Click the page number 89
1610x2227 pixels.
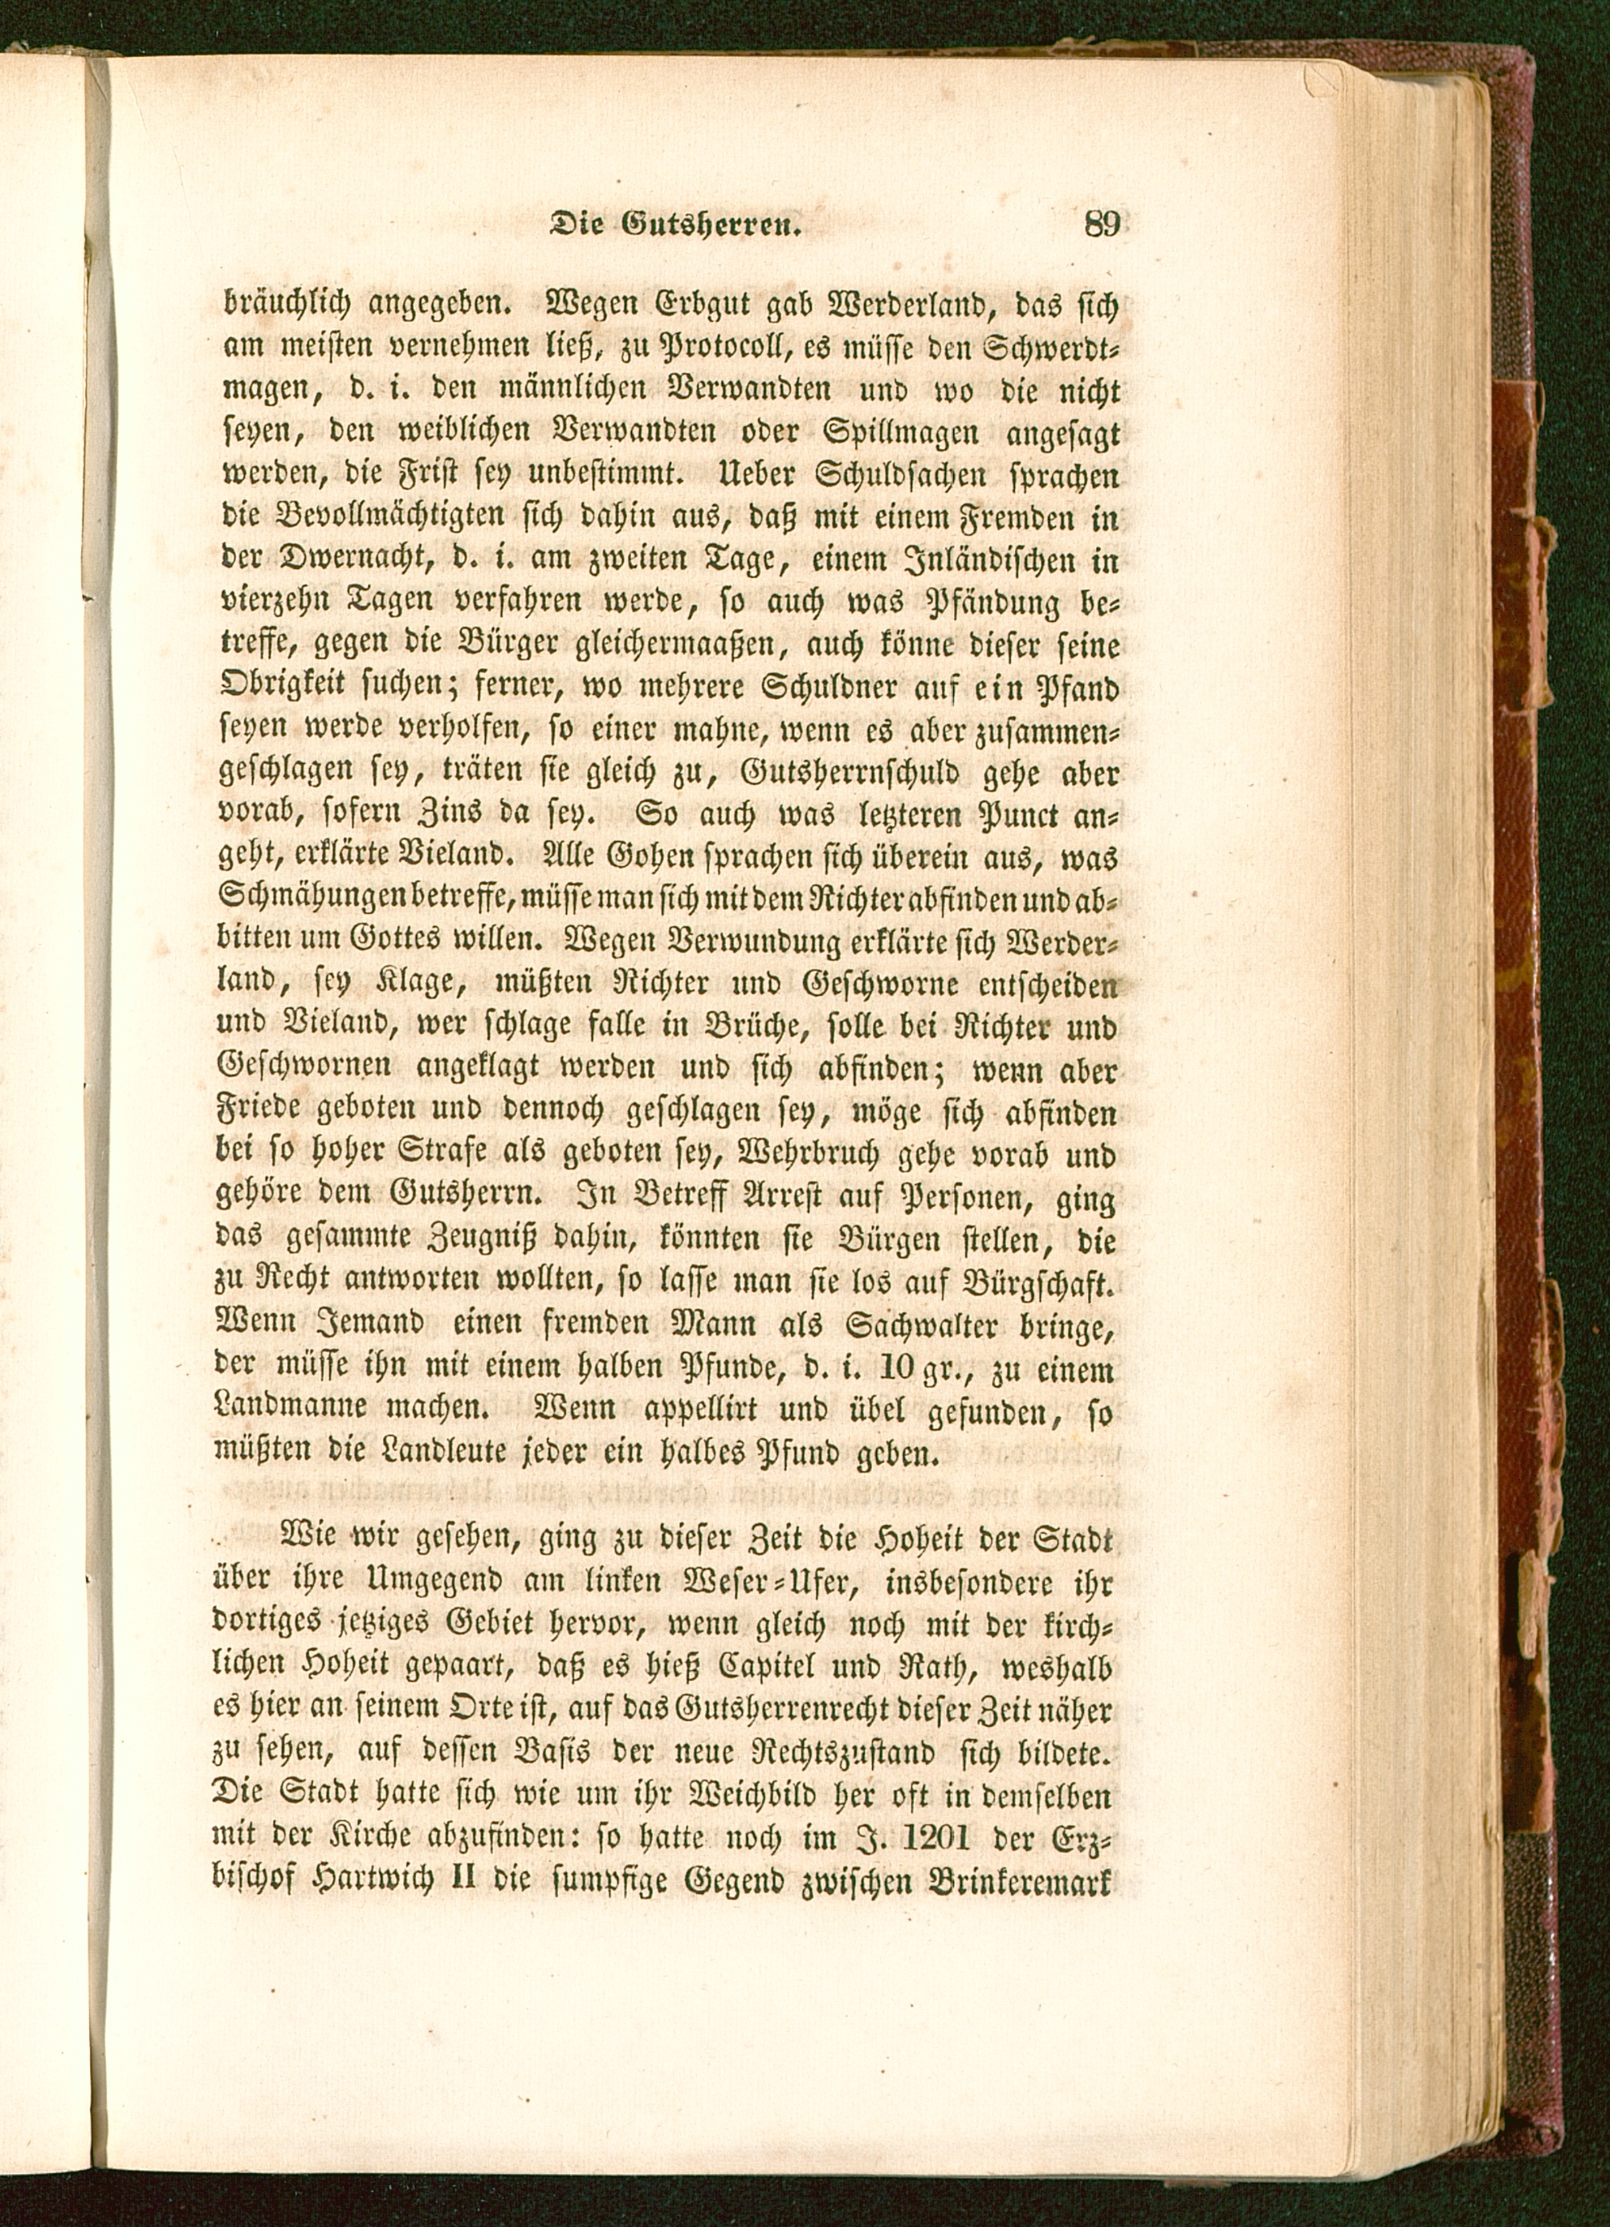1103,225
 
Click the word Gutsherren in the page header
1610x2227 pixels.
713,227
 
